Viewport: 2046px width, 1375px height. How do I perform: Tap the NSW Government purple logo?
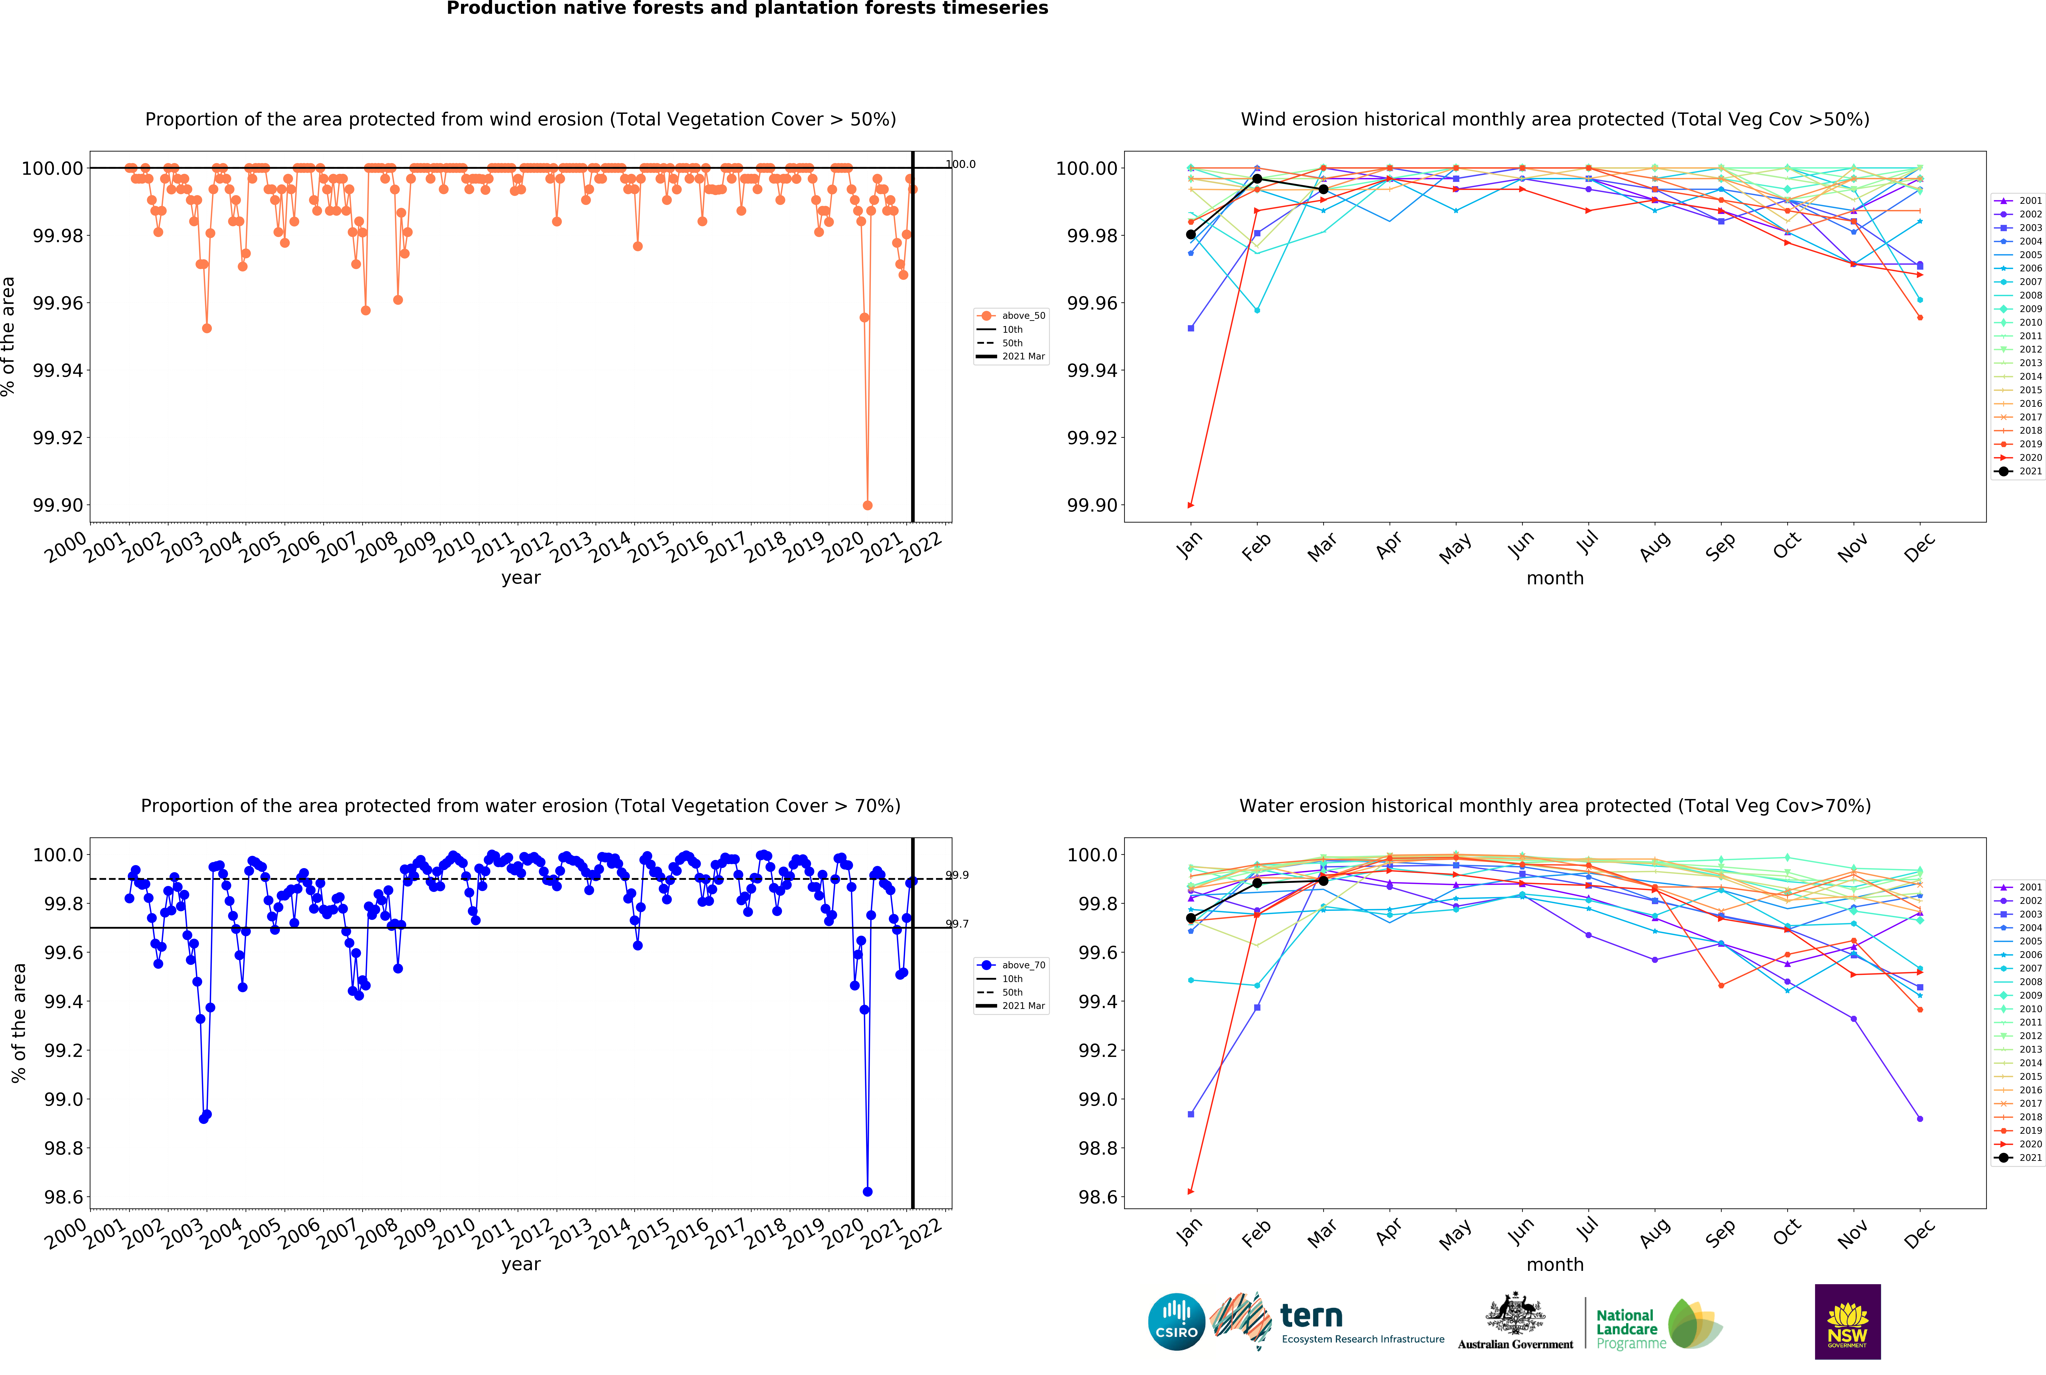[1847, 1321]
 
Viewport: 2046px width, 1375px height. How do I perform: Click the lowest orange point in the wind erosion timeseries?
[867, 505]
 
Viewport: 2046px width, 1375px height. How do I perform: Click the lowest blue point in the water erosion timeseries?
[867, 1192]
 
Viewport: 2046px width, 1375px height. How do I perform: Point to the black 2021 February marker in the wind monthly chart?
[1257, 179]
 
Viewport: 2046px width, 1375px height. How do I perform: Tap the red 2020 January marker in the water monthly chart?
[1190, 1192]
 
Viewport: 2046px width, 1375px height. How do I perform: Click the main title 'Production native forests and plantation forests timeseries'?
[747, 9]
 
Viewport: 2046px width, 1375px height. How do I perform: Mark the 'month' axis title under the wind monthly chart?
[1555, 578]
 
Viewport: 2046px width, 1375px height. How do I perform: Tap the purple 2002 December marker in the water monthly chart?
[1920, 1119]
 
